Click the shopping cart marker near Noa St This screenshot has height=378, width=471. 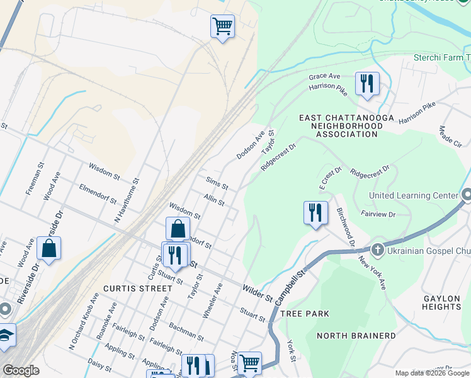coord(250,362)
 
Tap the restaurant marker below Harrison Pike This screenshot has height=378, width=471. coord(366,83)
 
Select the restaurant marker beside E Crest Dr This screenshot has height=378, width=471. coord(315,212)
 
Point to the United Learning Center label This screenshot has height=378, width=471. coord(414,195)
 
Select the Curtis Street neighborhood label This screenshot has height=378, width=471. coord(137,289)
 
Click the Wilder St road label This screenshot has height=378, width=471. coord(256,292)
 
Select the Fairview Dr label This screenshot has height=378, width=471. coord(378,215)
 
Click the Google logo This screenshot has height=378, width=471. coord(21,370)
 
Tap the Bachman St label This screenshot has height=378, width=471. coord(186,332)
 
